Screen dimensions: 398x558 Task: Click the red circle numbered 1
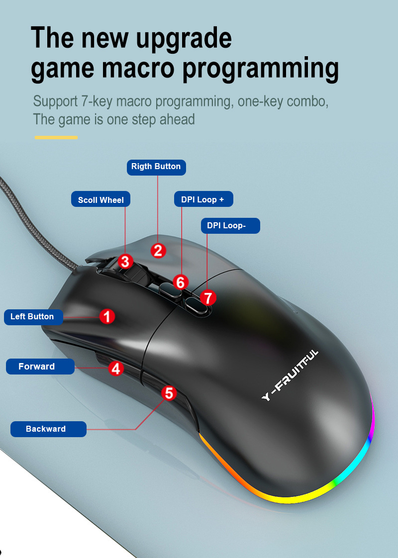(x=107, y=316)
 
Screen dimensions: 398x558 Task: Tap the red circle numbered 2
(x=158, y=250)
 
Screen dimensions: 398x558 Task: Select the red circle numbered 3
(x=125, y=261)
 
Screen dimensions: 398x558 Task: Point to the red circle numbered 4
(x=116, y=369)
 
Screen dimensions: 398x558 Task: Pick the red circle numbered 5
(x=169, y=393)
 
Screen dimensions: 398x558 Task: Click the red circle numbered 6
(x=181, y=282)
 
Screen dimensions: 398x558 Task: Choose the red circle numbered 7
(x=208, y=298)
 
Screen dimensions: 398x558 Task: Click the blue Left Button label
(x=33, y=317)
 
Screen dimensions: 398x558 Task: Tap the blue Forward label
(x=40, y=367)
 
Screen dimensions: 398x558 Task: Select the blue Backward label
(x=48, y=429)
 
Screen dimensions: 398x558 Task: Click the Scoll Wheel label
(x=100, y=200)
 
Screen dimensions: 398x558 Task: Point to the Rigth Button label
(x=156, y=167)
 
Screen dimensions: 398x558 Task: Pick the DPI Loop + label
(x=203, y=199)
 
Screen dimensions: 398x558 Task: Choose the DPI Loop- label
(x=230, y=225)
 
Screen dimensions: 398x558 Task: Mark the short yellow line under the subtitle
(x=56, y=137)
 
